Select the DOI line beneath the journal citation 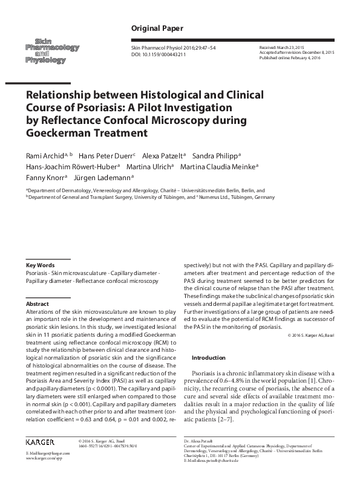[159, 54]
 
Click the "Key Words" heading [41, 265]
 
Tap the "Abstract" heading [38, 303]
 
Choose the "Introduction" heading [208, 358]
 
